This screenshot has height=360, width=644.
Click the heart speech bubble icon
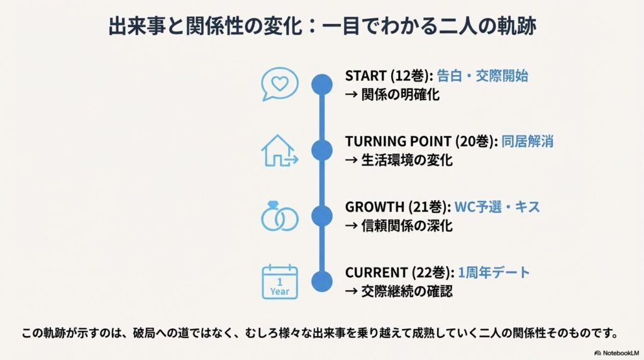tap(279, 84)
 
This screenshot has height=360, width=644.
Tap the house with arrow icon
tap(279, 150)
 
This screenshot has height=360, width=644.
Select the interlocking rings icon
tap(279, 217)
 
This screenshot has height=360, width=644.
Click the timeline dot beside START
tap(322, 84)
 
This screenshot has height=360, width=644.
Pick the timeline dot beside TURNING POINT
tap(322, 150)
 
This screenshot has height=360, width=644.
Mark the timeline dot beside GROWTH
tap(322, 216)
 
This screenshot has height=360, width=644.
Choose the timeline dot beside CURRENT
tap(322, 281)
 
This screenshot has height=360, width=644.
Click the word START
tap(364, 76)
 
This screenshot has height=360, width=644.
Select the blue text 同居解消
tap(528, 142)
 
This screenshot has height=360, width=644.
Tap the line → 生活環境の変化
tap(399, 160)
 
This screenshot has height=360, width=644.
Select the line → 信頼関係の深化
tap(399, 226)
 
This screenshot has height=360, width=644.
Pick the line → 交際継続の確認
tap(399, 291)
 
